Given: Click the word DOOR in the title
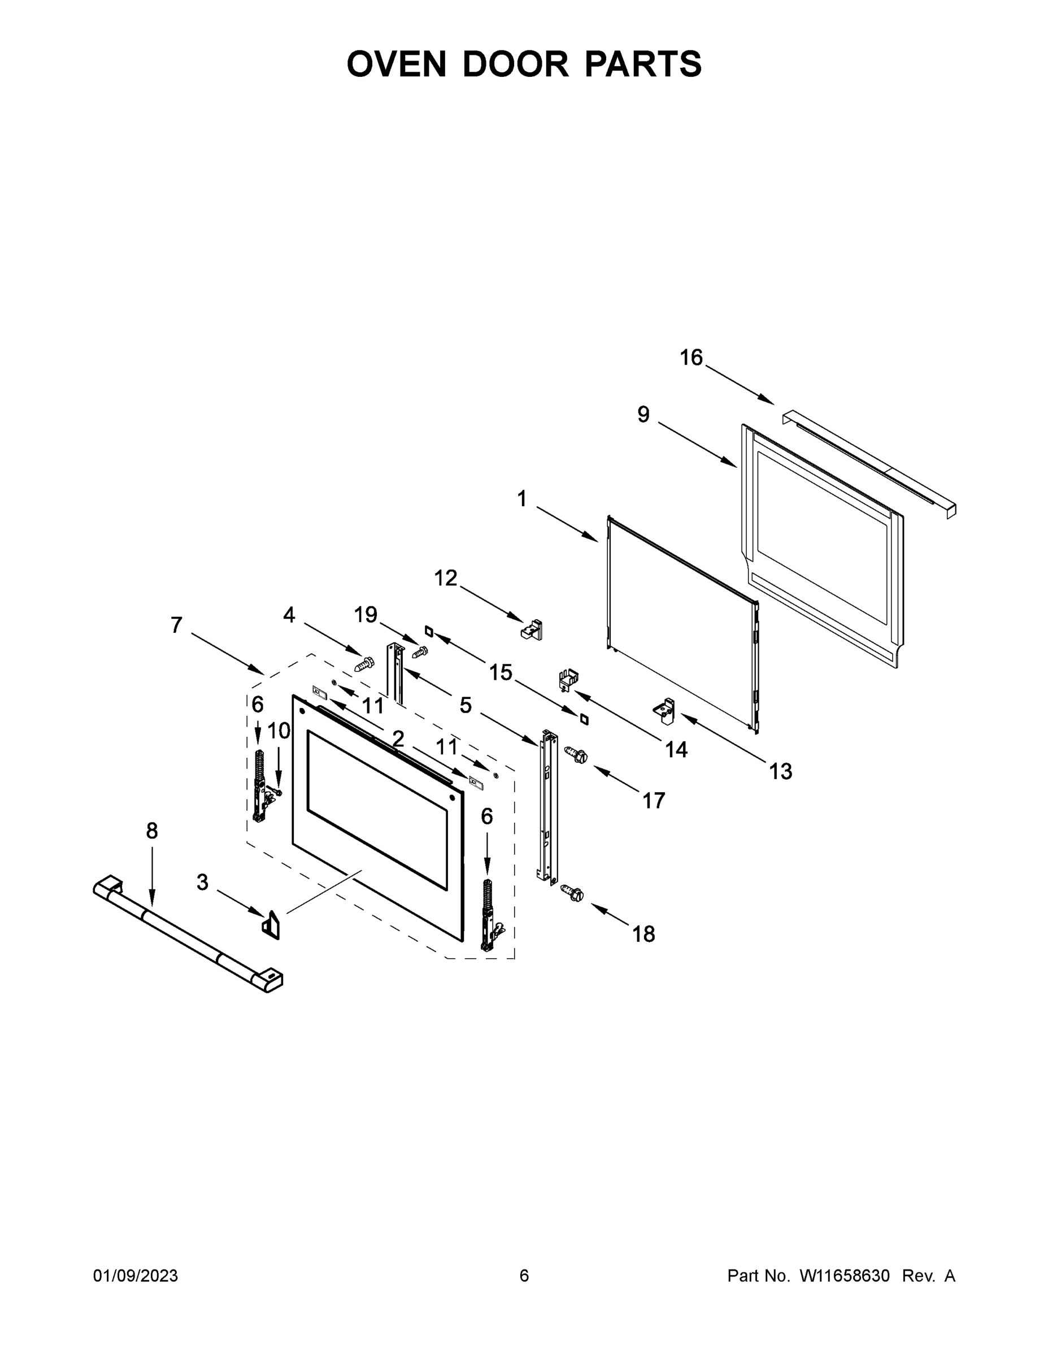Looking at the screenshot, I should click(515, 64).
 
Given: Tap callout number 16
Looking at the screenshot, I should click(691, 358).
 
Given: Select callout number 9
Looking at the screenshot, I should click(644, 414).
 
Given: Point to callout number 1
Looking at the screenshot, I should click(521, 498).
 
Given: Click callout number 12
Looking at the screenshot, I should click(445, 578).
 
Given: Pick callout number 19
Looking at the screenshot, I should click(366, 615).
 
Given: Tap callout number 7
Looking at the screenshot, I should click(177, 624).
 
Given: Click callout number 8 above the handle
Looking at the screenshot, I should click(152, 831).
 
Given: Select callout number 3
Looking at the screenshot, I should click(202, 881).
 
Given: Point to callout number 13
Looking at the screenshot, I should click(780, 772).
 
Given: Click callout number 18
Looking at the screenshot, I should click(643, 934).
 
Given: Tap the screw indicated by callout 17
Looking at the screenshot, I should click(576, 755).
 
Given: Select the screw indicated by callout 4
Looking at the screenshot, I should click(364, 664).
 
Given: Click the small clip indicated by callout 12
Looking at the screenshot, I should click(532, 628).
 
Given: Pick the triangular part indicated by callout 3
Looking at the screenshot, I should click(271, 924).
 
